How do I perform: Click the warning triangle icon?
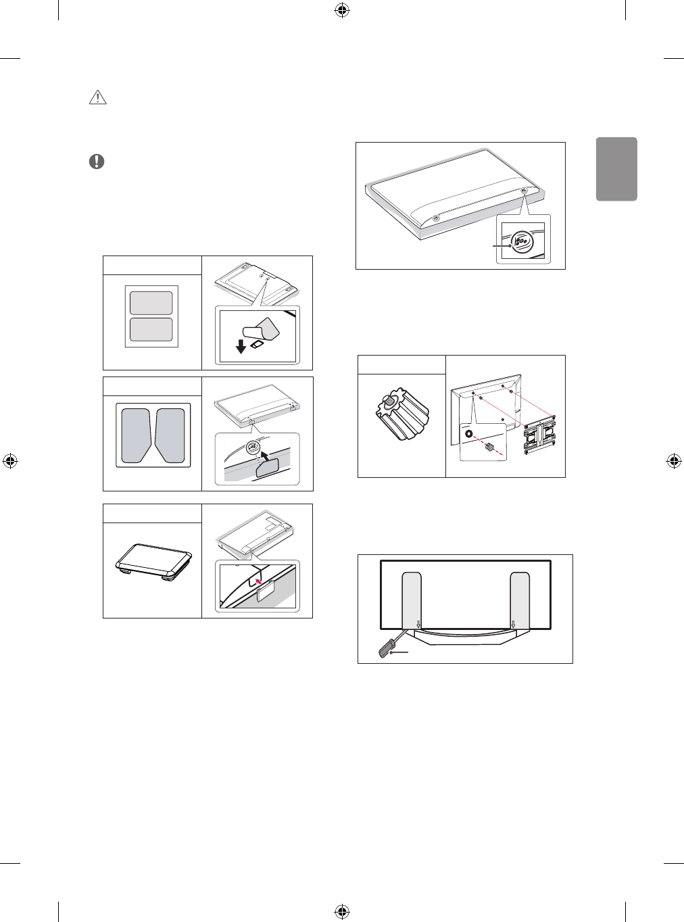[98, 97]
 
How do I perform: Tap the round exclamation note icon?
[97, 162]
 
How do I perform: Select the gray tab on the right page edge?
[616, 169]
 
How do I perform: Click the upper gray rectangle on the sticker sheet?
[151, 303]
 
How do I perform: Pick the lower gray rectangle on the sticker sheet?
[151, 329]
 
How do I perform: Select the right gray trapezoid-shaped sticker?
[170, 435]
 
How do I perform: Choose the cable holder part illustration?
[154, 560]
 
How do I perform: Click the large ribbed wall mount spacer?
[401, 416]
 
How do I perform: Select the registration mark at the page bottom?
[342, 912]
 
